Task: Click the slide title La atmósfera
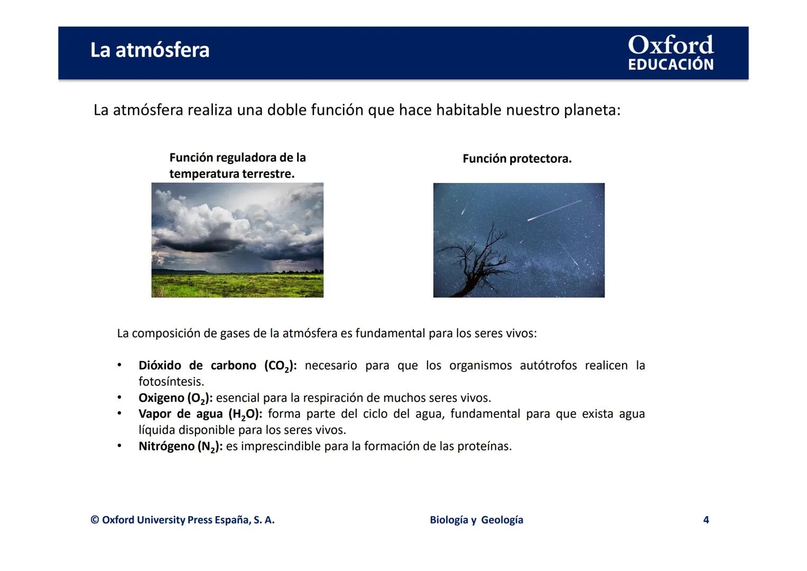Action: [150, 50]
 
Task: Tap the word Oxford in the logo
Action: [670, 45]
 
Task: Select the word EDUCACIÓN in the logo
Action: [670, 65]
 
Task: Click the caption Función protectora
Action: [516, 159]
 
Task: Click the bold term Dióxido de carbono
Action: [197, 365]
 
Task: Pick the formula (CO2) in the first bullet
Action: [280, 366]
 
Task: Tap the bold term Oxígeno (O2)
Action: [175, 398]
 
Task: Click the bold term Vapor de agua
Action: [180, 414]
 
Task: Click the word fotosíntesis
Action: [171, 381]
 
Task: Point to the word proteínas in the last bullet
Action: [484, 446]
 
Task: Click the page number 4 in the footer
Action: [706, 520]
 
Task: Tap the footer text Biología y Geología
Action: [476, 520]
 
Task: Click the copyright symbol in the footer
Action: [95, 520]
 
